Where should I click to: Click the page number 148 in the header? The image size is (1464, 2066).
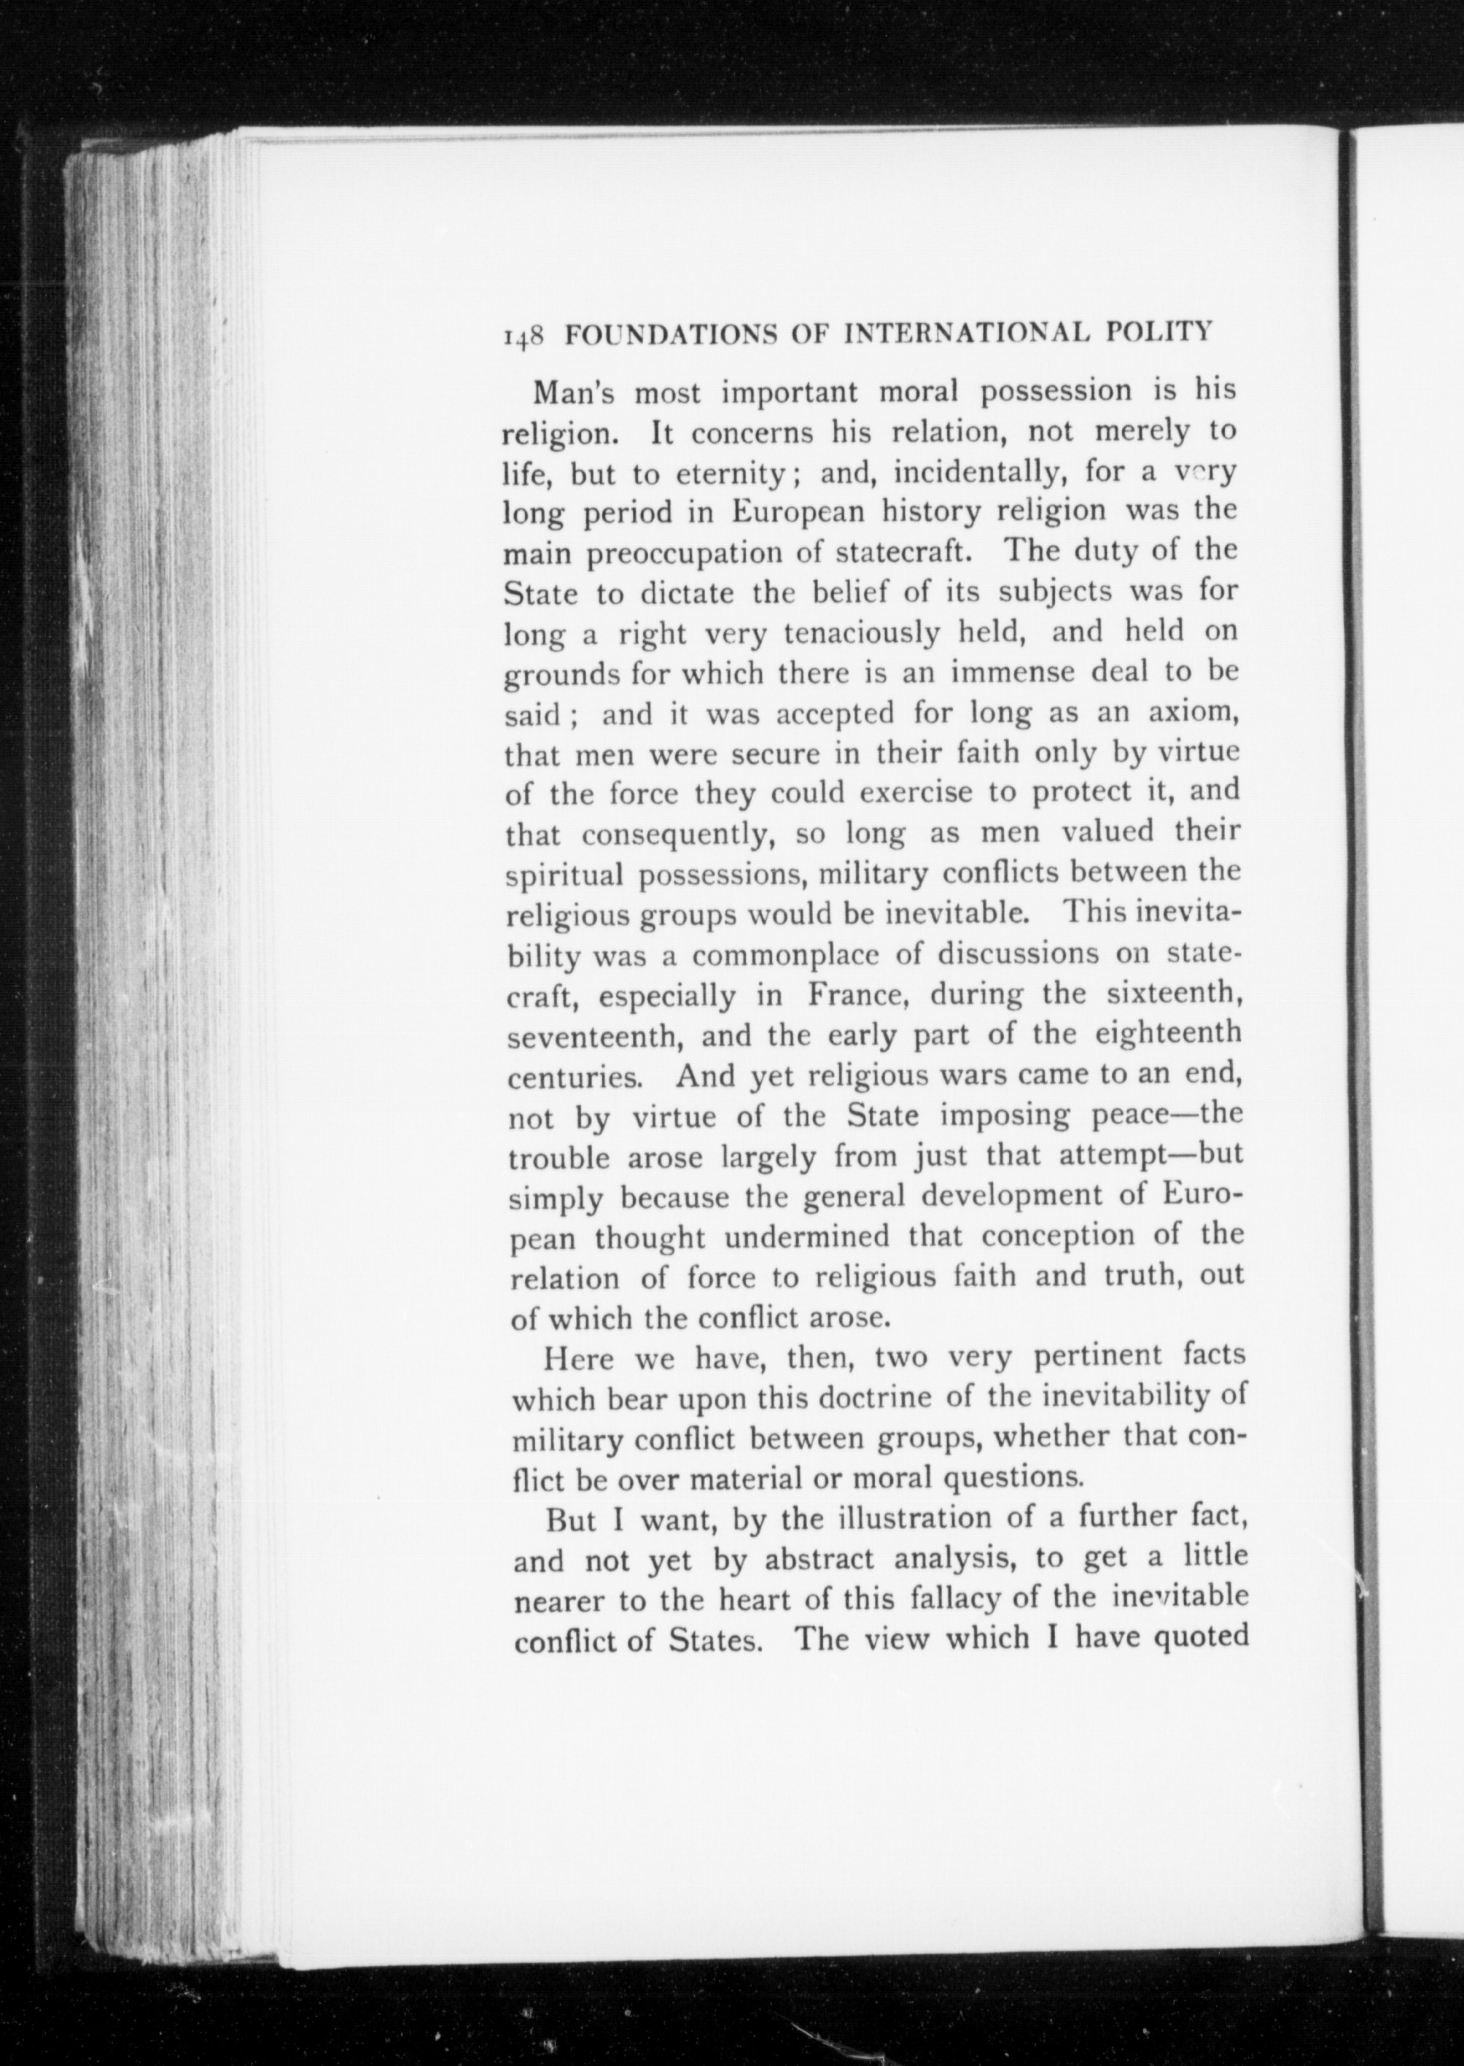click(x=523, y=335)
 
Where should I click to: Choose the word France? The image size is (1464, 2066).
click(x=857, y=996)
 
